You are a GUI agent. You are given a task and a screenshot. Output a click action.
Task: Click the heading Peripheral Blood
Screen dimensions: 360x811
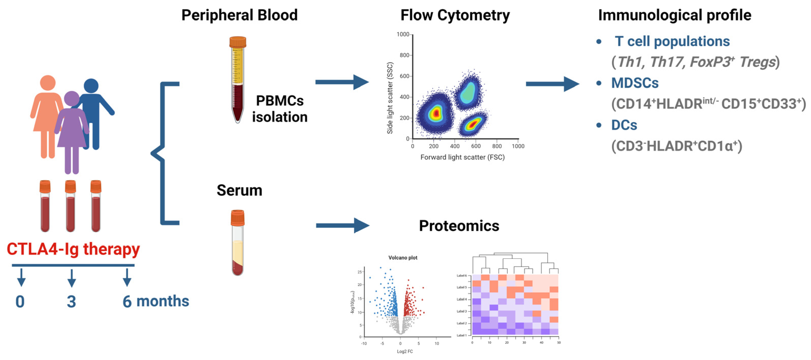[239, 15]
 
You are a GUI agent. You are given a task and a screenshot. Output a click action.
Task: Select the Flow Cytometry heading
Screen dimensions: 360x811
[455, 15]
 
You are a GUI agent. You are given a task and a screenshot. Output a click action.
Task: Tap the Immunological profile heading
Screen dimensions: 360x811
[674, 15]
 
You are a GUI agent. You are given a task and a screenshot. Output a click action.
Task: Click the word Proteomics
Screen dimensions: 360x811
[459, 226]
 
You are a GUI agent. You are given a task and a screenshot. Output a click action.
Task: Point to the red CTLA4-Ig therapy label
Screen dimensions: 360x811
[73, 249]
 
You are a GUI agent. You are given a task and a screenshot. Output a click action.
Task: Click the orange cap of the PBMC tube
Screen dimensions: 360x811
[238, 42]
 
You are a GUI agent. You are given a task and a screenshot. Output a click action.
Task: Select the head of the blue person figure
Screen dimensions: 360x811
[91, 86]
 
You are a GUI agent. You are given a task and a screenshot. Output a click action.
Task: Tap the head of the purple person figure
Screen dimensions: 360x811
[72, 98]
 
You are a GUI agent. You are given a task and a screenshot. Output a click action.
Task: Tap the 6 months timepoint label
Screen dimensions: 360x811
[156, 301]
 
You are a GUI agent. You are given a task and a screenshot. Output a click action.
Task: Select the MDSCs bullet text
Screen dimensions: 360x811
[635, 83]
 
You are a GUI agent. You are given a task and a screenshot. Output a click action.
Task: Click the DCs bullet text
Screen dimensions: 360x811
[624, 125]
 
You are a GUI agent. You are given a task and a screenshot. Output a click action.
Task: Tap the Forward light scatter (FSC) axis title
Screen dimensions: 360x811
[462, 157]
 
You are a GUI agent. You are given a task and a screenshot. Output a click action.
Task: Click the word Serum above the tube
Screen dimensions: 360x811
[239, 190]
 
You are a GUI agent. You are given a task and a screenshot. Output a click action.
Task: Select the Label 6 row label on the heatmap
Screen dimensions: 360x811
[462, 276]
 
